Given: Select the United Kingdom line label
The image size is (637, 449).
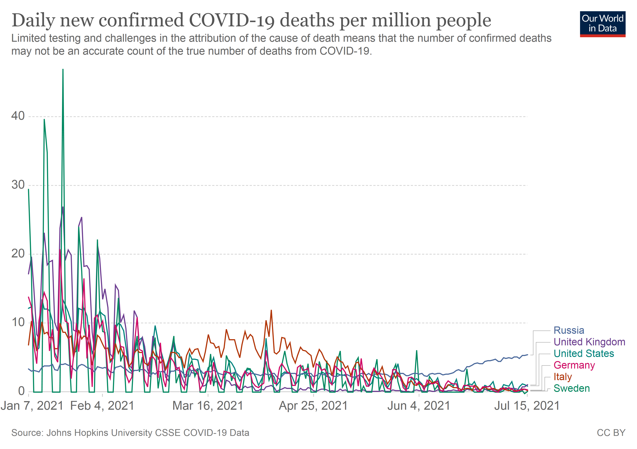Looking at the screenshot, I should [x=589, y=342].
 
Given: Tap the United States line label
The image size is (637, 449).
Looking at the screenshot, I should [x=584, y=354].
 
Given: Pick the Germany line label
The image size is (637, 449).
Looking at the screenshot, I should [x=574, y=365].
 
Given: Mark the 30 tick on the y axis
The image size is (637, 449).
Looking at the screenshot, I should [x=18, y=185].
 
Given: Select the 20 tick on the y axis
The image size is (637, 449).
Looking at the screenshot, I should [x=18, y=253].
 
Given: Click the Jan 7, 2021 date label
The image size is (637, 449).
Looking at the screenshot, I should [x=32, y=406].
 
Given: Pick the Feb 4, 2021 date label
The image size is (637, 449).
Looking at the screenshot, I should [x=102, y=406].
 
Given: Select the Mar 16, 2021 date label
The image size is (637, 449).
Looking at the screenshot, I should [x=208, y=406].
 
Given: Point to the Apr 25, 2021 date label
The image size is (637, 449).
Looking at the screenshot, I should [x=313, y=406].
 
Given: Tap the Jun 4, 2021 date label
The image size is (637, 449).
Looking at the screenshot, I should [x=419, y=406].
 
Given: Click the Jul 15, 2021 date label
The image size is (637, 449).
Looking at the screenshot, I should [x=527, y=406].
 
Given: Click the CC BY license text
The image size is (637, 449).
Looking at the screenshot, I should [x=611, y=433].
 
